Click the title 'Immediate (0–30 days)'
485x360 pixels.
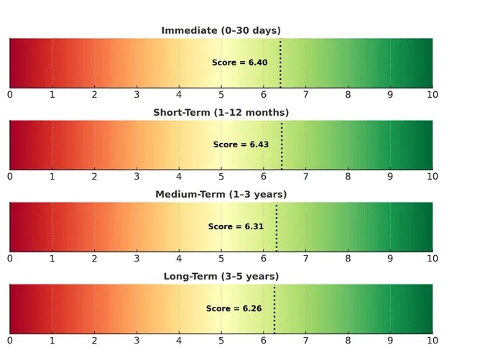coord(221,30)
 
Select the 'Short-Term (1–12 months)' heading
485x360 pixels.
coord(221,112)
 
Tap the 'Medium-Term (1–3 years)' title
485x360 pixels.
coord(221,194)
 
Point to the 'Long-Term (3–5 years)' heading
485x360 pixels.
coord(221,276)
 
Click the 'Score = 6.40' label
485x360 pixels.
coord(239,63)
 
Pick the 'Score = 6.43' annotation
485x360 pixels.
coord(241,144)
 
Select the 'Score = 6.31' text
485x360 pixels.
coord(236,226)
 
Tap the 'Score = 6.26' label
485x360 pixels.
coord(234,308)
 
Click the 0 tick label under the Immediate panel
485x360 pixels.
coord(10,95)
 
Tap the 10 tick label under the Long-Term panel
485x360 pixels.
coord(432,341)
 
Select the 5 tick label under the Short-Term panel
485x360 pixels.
coord(221,177)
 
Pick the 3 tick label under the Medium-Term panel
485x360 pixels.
coord(137,259)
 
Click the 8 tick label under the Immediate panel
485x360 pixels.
coord(348,95)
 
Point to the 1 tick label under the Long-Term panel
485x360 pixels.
coord(52,341)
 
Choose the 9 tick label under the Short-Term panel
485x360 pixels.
coord(390,177)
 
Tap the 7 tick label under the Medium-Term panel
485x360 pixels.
coord(306,259)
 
